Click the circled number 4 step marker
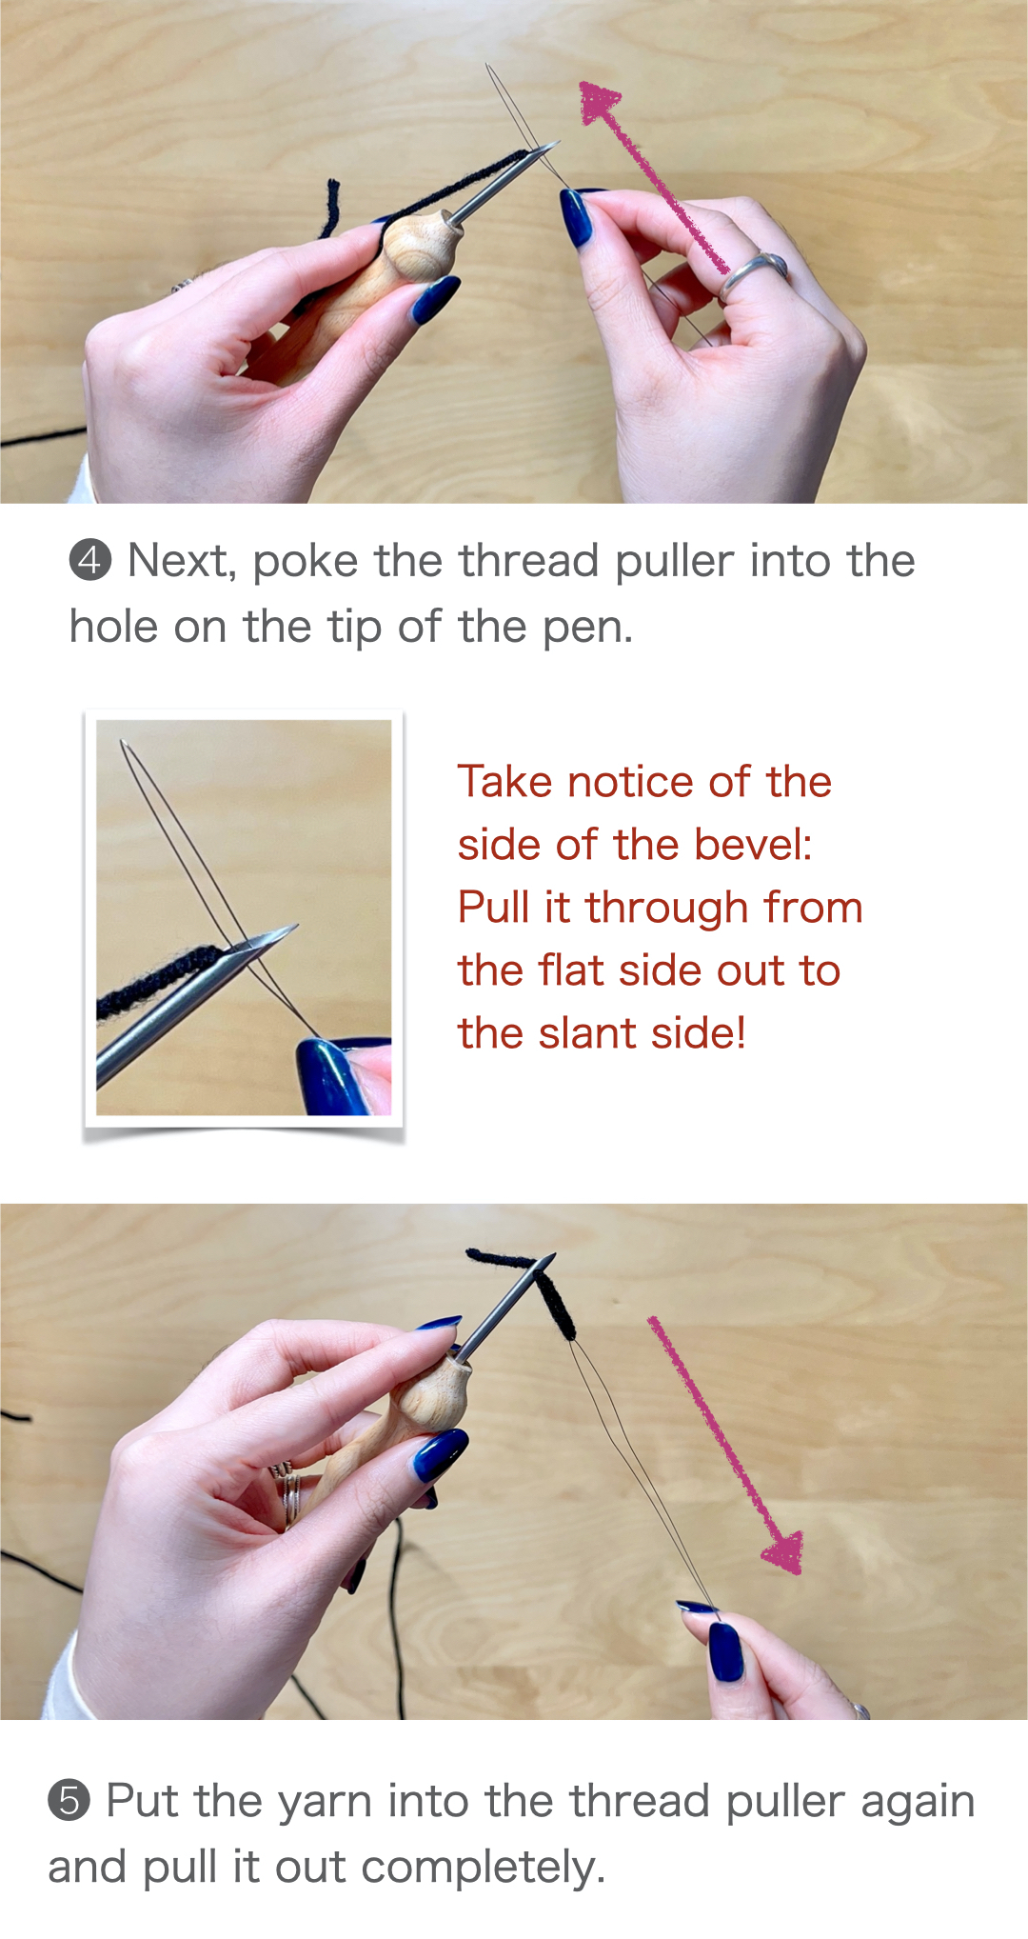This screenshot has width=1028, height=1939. (x=90, y=560)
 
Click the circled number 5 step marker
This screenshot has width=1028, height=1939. (x=69, y=1800)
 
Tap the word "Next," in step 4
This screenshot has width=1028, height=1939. (x=182, y=561)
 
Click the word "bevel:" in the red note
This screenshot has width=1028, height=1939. (x=753, y=845)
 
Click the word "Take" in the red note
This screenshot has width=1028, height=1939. (x=505, y=782)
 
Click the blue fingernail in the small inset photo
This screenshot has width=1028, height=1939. (x=328, y=1076)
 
